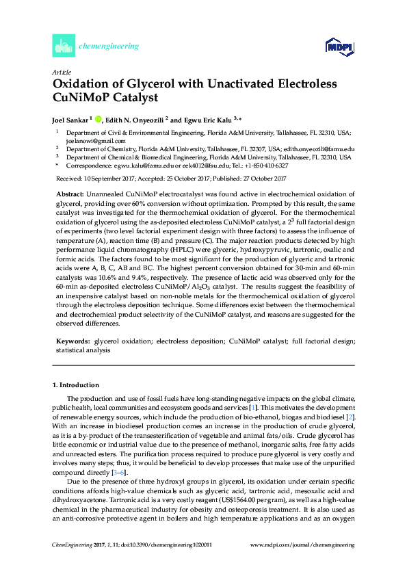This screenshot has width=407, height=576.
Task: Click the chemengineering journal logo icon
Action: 62,47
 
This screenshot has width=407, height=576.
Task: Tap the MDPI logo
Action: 334,47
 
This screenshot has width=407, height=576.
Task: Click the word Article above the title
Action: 60,72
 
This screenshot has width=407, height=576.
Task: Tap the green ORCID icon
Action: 99,118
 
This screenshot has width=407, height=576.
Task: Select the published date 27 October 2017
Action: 258,179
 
